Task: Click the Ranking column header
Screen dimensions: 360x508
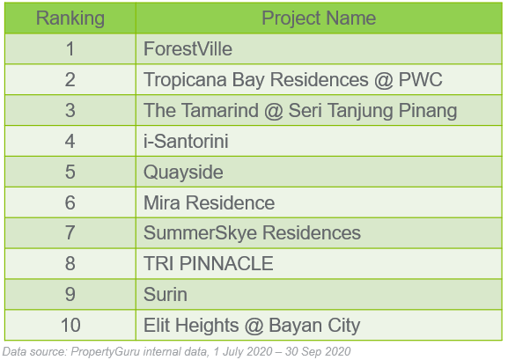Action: point(70,18)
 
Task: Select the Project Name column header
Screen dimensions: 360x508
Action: point(319,18)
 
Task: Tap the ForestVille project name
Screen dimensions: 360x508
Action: point(188,49)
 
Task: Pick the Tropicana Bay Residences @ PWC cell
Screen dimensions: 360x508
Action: point(292,80)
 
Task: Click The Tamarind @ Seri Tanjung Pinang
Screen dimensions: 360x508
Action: point(300,111)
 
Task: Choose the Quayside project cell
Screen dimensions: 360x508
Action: point(183,172)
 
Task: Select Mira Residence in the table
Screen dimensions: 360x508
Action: point(209,202)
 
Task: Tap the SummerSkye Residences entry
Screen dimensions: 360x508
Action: point(252,233)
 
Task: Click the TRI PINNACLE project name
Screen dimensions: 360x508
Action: point(208,264)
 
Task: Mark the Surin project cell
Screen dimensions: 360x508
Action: point(165,295)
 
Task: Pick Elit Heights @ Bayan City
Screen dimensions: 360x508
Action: point(252,326)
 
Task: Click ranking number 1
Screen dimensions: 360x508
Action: point(70,49)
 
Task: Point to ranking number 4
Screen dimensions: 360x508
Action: point(70,141)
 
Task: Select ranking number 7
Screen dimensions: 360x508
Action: point(70,233)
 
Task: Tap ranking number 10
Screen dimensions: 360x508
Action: point(70,326)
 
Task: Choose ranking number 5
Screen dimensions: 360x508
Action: point(70,172)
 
